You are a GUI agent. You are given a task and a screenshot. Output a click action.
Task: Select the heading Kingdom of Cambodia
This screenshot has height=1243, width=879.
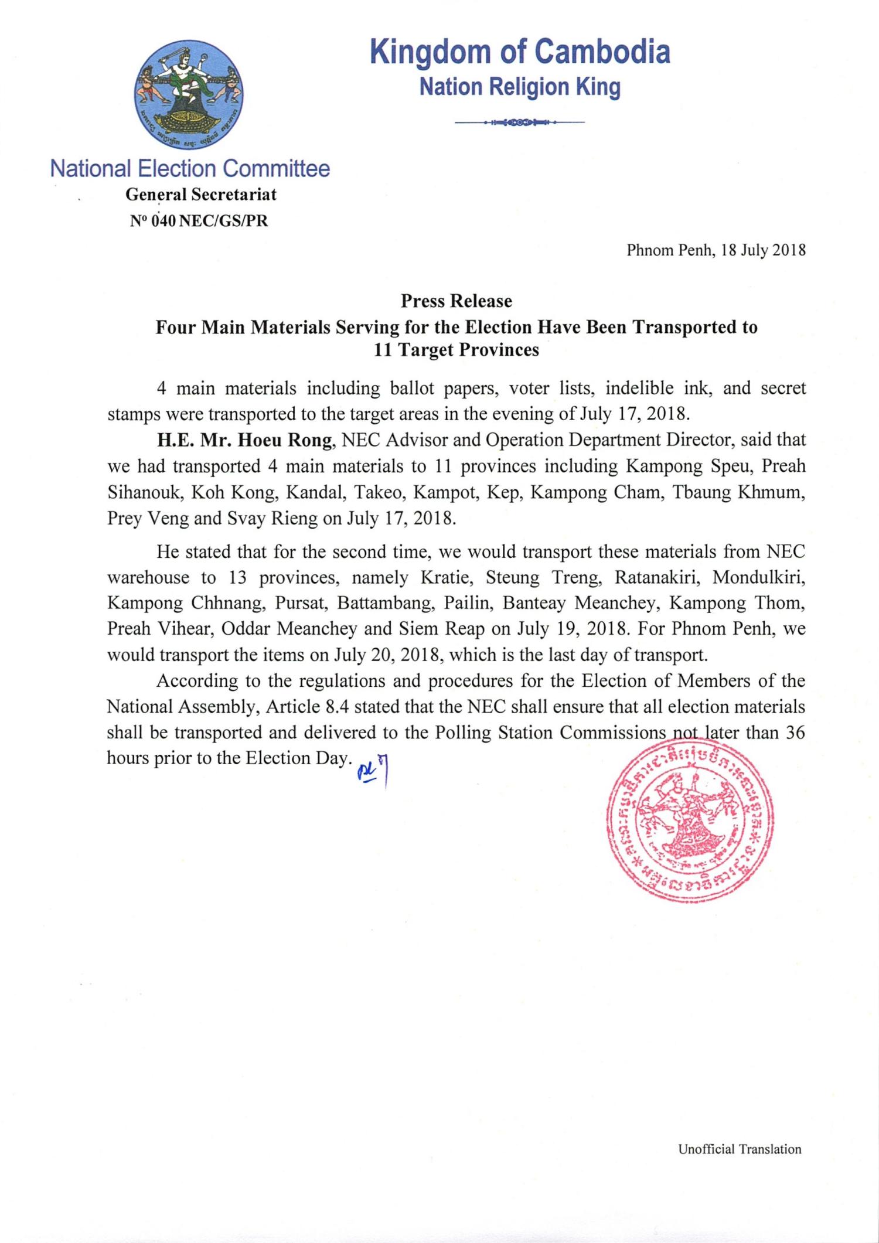[x=520, y=52]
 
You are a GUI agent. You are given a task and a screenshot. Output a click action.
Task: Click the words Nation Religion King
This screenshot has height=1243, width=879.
[x=520, y=87]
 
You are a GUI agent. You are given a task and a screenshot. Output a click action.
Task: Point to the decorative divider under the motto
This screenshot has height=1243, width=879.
[x=520, y=123]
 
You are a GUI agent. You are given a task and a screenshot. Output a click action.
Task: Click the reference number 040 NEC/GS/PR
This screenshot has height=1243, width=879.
[x=200, y=222]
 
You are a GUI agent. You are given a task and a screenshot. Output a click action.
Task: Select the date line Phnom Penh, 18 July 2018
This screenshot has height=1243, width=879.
[x=716, y=251]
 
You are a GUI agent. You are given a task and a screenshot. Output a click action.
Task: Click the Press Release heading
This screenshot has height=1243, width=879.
[x=456, y=301]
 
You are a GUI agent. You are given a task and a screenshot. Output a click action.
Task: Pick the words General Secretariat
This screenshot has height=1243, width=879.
[x=201, y=195]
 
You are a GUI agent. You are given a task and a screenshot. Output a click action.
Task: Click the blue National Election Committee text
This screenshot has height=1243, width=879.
[x=190, y=169]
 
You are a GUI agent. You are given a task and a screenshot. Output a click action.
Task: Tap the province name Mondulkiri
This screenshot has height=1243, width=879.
[x=759, y=578]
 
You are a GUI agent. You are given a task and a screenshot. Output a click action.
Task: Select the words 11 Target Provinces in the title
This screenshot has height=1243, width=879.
[x=456, y=350]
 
